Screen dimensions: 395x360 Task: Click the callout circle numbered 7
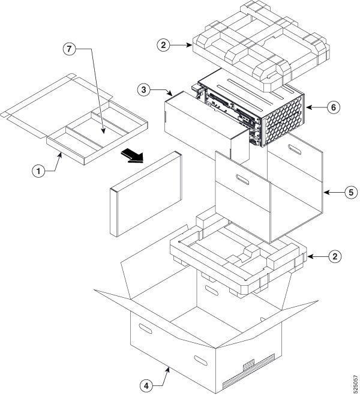point(71,50)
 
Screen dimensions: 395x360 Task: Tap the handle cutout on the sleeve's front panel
point(244,179)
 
